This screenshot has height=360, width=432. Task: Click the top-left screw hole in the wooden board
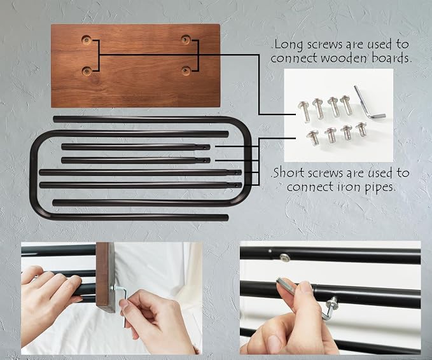87,40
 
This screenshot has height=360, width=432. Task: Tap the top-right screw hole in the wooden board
186,39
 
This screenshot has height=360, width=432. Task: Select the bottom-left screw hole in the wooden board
87,71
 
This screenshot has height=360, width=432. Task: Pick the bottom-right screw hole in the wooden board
186,71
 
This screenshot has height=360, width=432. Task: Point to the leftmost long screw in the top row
305,111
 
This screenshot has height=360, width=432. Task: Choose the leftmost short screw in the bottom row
313,137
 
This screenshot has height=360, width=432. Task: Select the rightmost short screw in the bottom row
361,130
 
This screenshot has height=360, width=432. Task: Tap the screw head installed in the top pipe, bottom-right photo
285,258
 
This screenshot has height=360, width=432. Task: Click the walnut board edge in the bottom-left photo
105,277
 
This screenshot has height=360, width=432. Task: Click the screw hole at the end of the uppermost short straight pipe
204,148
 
